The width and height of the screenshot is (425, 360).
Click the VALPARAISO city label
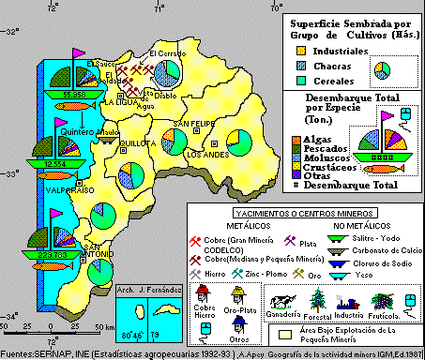tap(65, 189)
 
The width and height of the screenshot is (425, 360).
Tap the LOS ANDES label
tap(205, 154)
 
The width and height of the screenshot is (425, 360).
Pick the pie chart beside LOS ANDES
tap(239, 142)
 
